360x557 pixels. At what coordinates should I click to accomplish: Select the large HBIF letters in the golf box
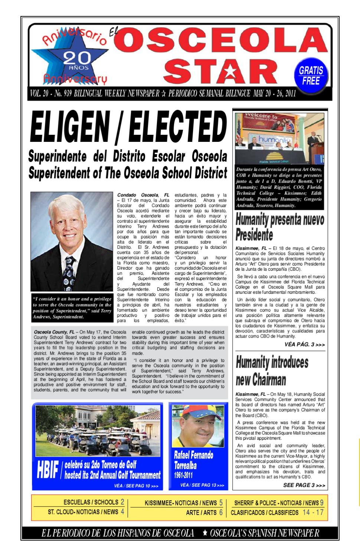click(48, 470)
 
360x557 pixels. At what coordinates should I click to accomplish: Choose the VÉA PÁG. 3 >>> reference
click(304, 345)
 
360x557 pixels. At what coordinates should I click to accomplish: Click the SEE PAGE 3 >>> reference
click(304, 485)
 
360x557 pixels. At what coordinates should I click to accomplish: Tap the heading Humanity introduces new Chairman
click(272, 371)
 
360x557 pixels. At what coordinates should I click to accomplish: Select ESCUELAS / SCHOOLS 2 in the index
click(94, 502)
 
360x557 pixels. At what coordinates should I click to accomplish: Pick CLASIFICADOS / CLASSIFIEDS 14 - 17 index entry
click(277, 512)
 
